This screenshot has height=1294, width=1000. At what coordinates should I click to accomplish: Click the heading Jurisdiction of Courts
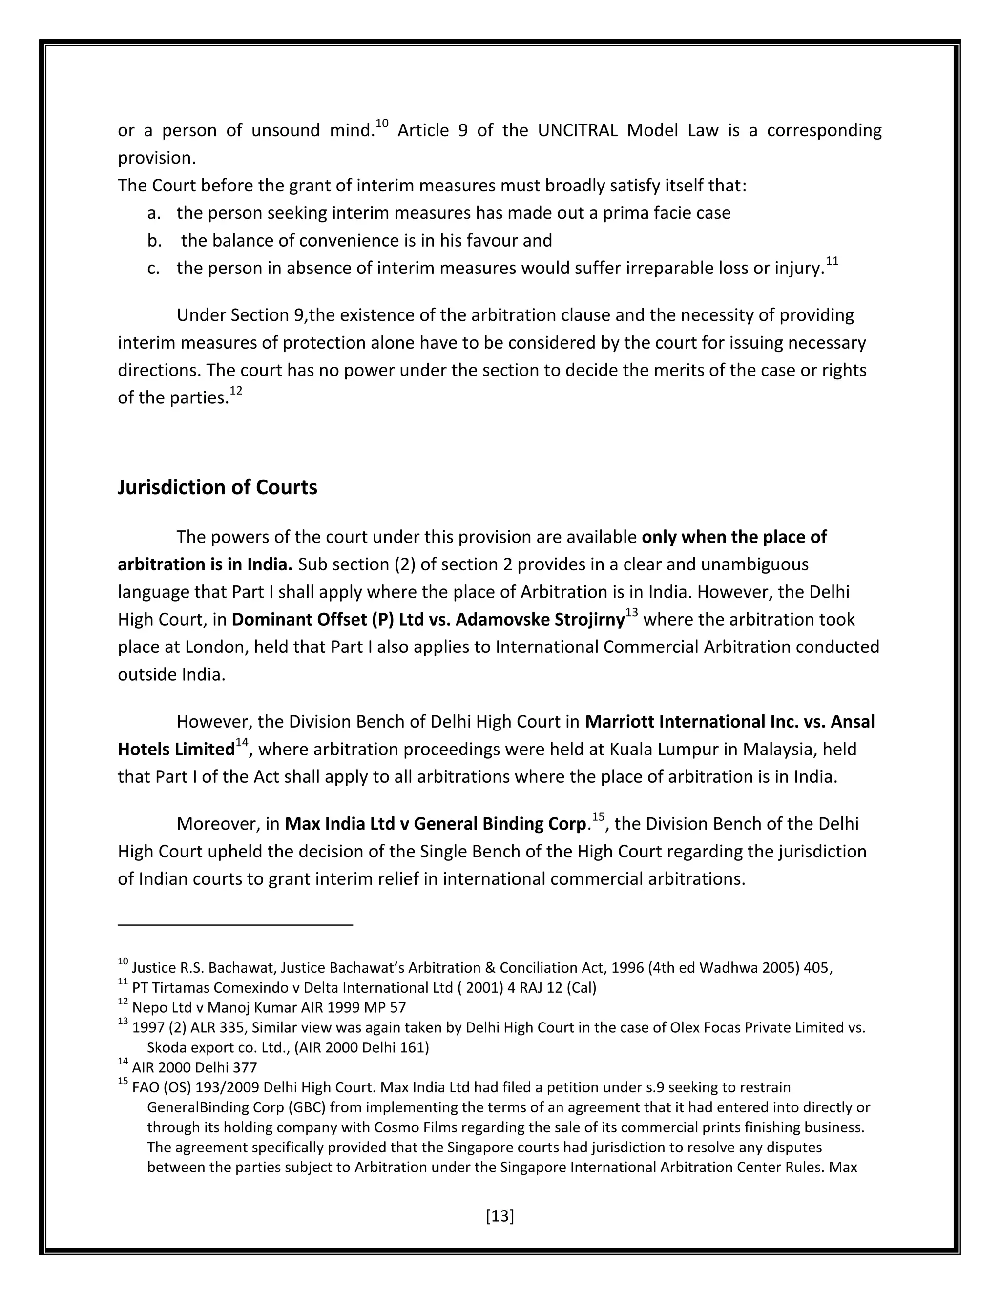[217, 487]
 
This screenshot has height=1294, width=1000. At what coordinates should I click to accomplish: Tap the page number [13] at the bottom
[500, 1216]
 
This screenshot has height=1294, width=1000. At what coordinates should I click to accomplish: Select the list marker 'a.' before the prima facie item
[154, 213]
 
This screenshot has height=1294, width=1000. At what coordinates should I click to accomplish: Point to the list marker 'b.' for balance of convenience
[154, 241]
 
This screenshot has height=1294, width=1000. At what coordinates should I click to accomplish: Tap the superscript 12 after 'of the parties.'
[236, 391]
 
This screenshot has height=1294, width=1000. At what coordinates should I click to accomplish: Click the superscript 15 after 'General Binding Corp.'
[598, 817]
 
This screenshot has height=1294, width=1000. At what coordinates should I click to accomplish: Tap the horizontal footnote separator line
[235, 924]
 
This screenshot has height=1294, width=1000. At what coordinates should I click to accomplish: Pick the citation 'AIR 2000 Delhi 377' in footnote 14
[194, 1067]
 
